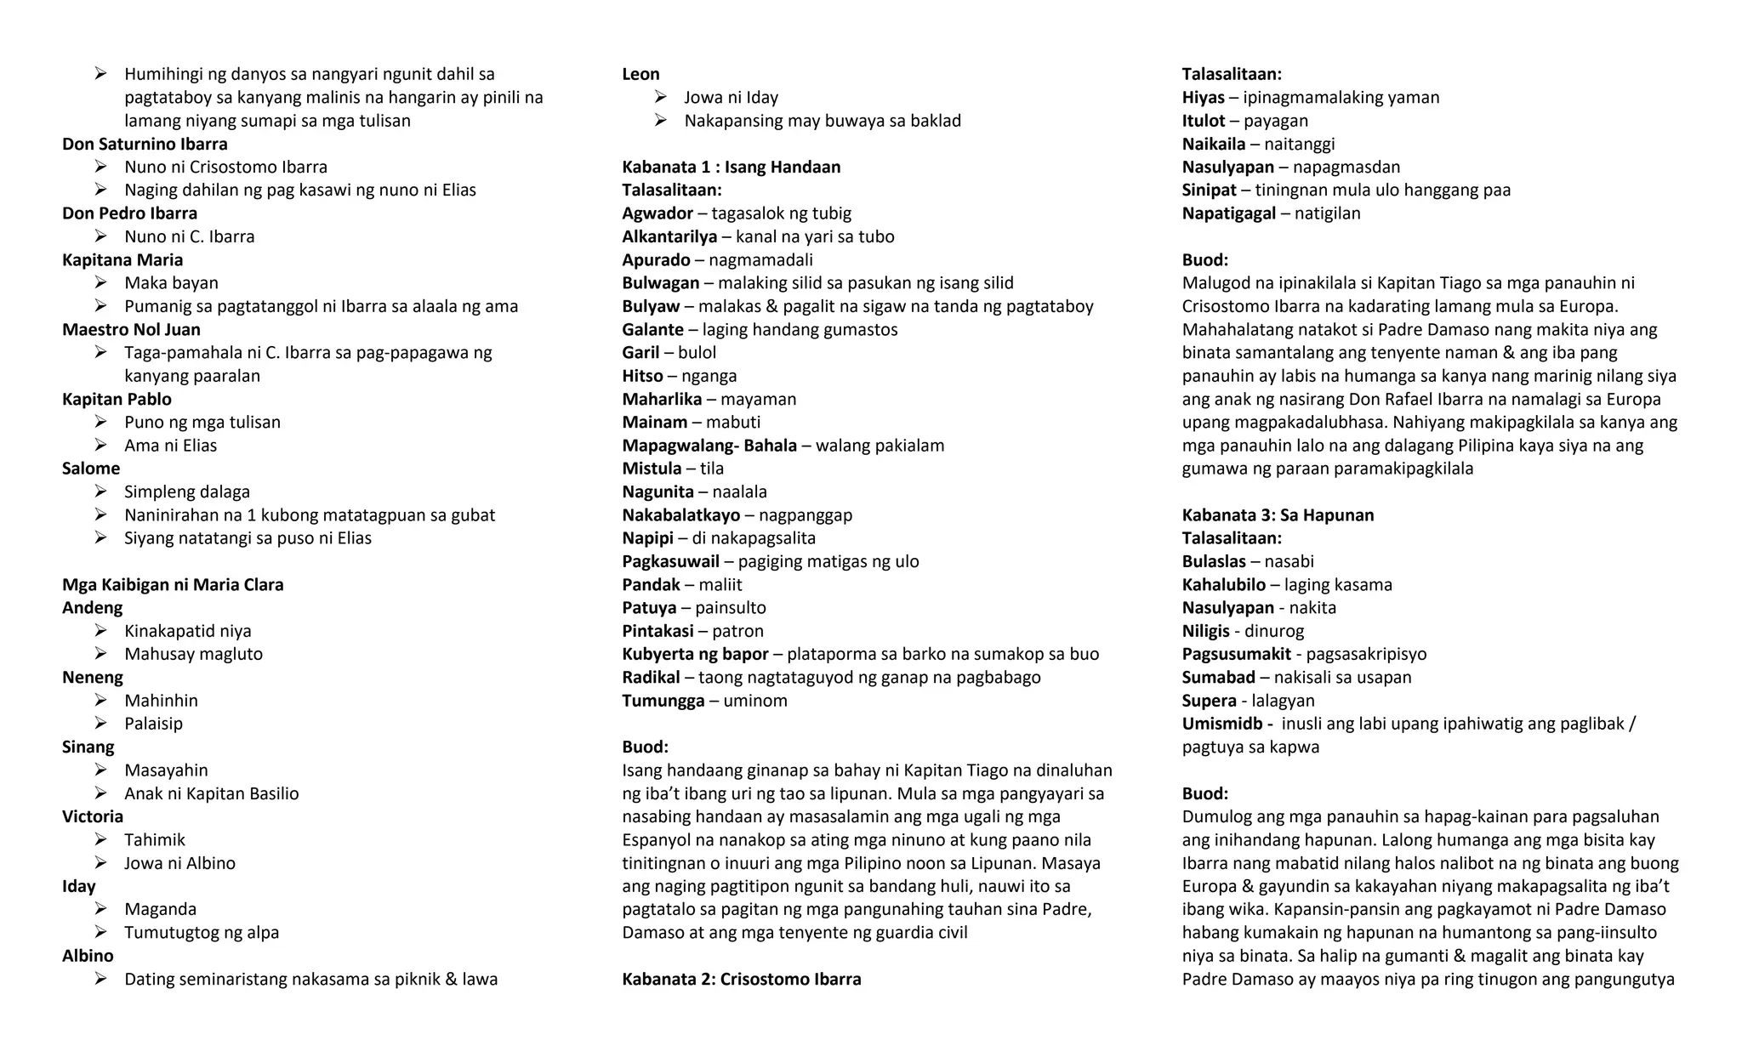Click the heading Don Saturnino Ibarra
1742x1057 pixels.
[145, 144]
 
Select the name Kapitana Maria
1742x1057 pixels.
[122, 259]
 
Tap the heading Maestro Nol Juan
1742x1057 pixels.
[131, 329]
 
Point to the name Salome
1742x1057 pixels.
[91, 469]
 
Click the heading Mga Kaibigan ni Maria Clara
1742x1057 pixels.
[173, 584]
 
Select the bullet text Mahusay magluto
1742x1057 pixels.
[193, 654]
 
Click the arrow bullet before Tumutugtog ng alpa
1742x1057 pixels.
[100, 932]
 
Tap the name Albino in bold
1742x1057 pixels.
[88, 956]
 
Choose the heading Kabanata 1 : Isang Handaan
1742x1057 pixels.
[731, 167]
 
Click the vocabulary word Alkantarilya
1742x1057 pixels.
[669, 236]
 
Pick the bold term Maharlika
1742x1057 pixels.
[662, 399]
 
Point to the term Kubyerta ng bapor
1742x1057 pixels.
[695, 654]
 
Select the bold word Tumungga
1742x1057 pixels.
[663, 701]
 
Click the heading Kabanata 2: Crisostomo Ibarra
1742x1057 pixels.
[741, 979]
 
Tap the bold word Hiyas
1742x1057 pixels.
[1203, 97]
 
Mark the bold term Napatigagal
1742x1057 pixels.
[1228, 213]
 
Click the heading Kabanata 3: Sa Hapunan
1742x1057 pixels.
[1278, 514]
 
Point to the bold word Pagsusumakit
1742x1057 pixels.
[1236, 654]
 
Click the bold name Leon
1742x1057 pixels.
[640, 74]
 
